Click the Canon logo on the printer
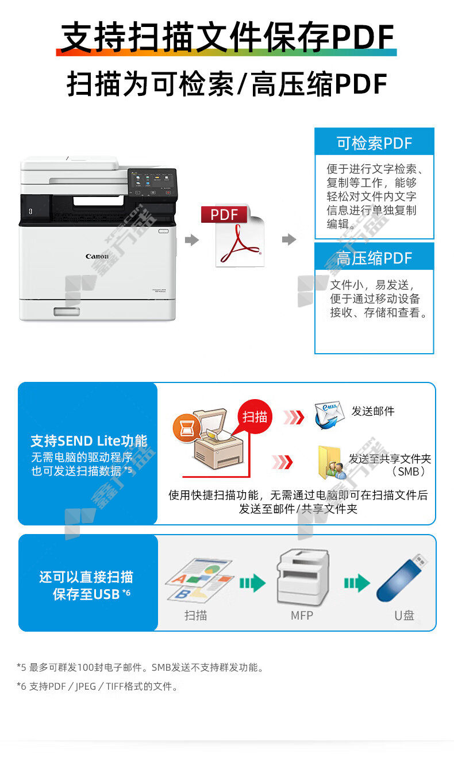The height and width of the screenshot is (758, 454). tap(97, 256)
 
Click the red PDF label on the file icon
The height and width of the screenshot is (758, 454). tap(224, 215)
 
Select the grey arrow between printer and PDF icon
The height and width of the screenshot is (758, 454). tap(191, 240)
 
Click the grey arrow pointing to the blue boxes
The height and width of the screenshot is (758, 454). tap(289, 239)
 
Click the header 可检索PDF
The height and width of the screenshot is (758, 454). tap(374, 143)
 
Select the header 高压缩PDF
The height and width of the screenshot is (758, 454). tap(374, 258)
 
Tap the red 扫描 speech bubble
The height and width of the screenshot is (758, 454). tap(255, 416)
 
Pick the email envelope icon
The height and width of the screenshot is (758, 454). tap(329, 415)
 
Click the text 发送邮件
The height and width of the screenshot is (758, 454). tap(373, 411)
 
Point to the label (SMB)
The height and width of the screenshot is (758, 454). tap(408, 471)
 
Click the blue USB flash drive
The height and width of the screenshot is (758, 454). tap(401, 578)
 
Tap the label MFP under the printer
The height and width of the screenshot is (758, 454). tap(302, 615)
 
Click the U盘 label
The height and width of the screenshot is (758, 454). tap(404, 615)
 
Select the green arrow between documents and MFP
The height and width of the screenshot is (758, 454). tap(252, 583)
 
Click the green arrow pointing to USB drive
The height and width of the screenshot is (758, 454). tap(357, 583)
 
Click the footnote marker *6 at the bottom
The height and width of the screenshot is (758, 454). tap(21, 686)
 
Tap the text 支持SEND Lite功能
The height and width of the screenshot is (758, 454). tap(89, 441)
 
